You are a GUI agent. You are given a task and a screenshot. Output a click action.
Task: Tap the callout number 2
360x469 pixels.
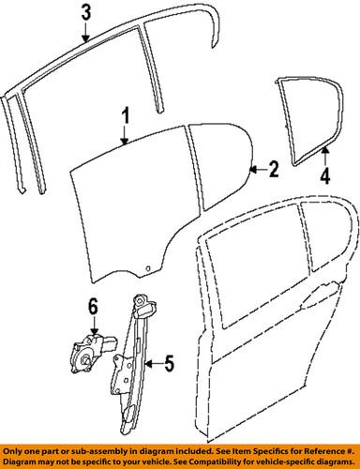[x=273, y=170]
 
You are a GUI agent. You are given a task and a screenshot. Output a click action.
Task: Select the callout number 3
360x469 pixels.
[x=85, y=14]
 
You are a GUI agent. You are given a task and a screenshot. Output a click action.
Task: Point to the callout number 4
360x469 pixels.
[x=324, y=173]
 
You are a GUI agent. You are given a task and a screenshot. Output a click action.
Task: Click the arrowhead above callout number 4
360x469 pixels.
[x=324, y=150]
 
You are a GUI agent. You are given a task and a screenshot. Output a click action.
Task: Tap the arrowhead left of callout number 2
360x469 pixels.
[x=252, y=170]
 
